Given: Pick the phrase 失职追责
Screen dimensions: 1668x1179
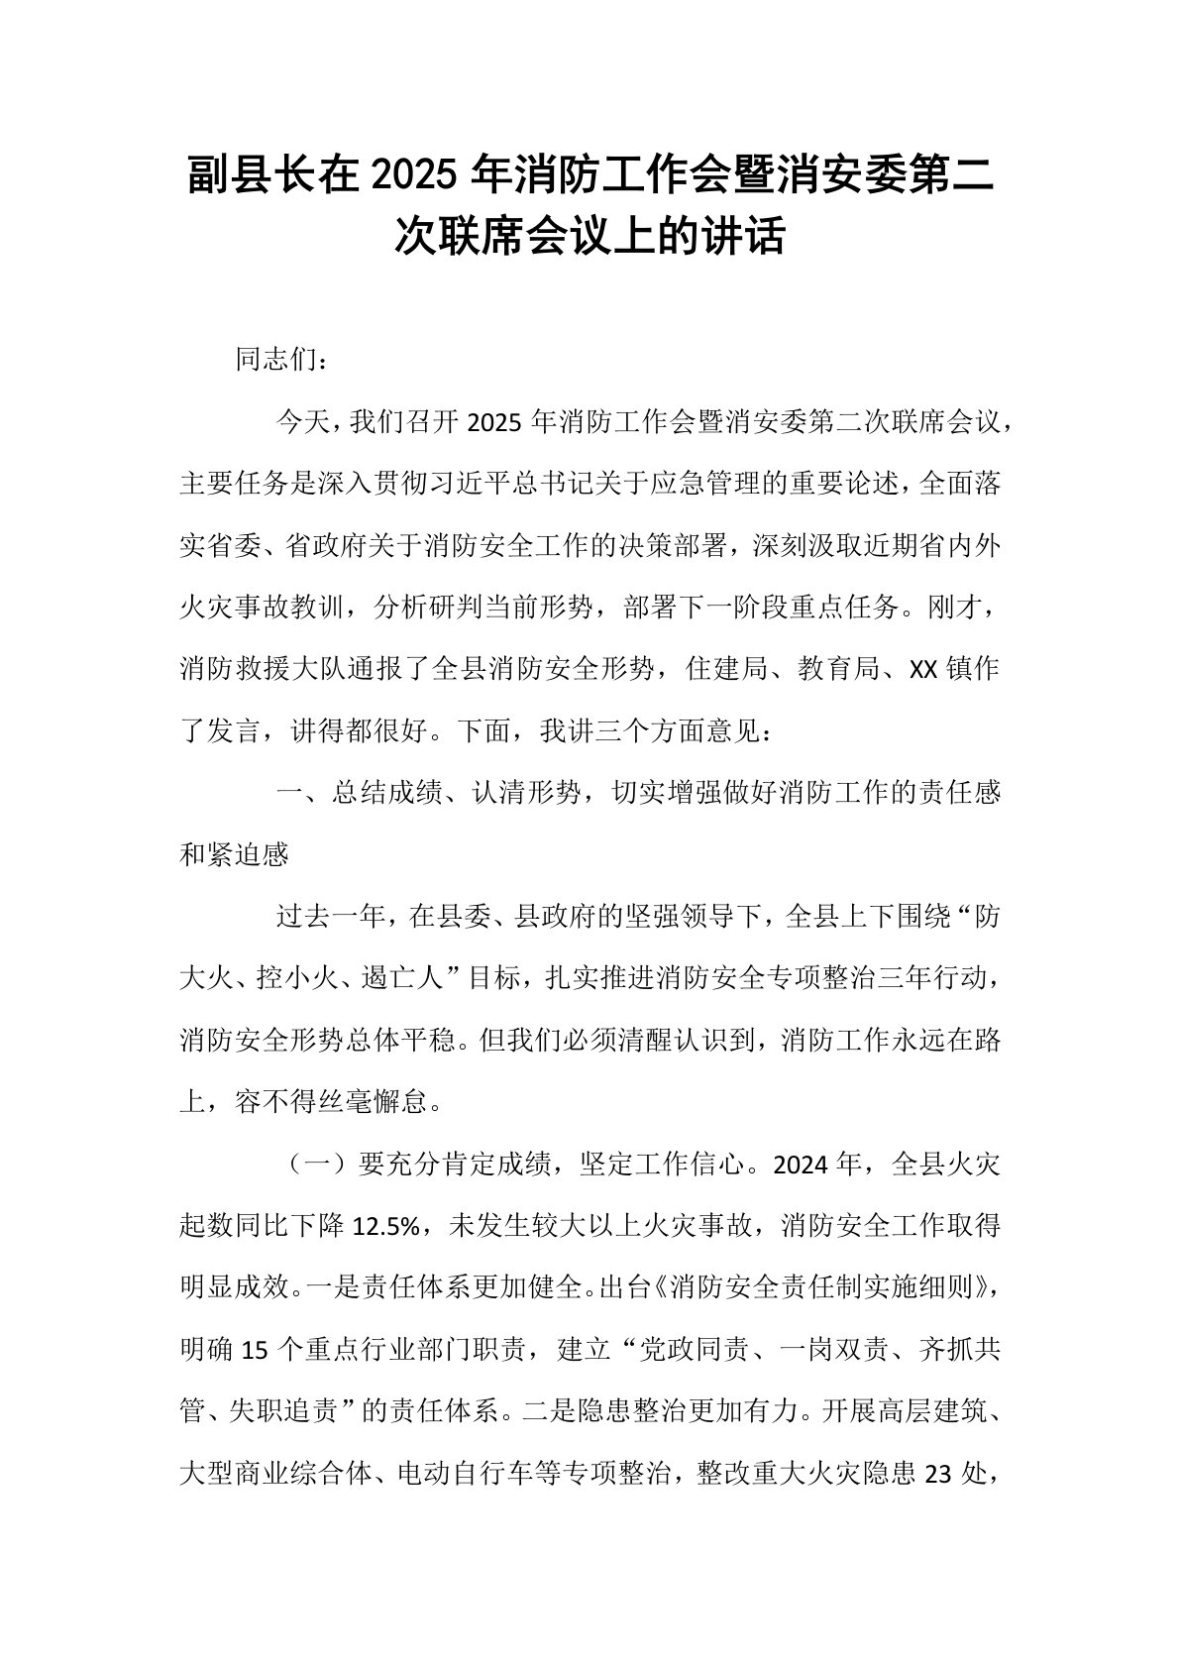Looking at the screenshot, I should click(274, 1412).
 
